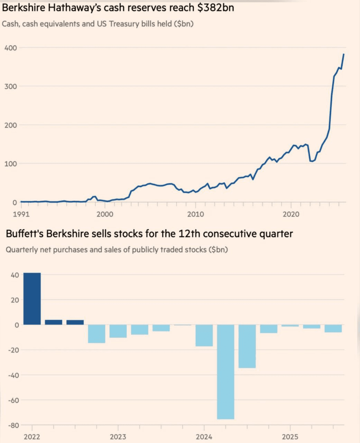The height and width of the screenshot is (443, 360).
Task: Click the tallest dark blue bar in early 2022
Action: click(x=32, y=298)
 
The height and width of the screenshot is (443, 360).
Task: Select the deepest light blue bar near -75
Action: click(x=225, y=372)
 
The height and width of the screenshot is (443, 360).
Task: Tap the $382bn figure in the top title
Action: click(x=215, y=8)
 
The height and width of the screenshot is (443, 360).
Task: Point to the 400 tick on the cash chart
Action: click(x=10, y=48)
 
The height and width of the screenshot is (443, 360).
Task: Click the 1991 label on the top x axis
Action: click(x=21, y=214)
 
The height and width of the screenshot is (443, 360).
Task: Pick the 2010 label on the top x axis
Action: click(x=196, y=214)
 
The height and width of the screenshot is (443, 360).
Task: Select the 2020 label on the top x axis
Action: click(x=291, y=214)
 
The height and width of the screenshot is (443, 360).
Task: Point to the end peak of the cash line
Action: click(x=343, y=54)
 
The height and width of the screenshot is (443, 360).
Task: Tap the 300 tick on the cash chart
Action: click(x=10, y=86)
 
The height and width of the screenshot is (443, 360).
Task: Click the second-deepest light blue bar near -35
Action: click(x=247, y=346)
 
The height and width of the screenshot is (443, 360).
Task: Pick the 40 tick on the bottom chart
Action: click(x=14, y=275)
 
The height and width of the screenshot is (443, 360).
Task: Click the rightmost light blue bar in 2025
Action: click(x=333, y=328)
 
